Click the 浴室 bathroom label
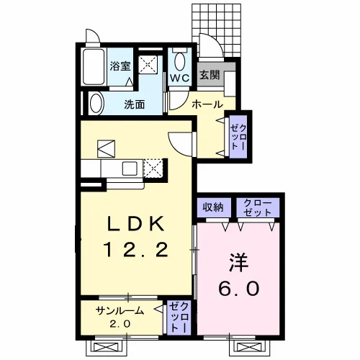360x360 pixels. coord(120,66)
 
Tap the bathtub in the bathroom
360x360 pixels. coord(94,66)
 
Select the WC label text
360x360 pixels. coord(180,78)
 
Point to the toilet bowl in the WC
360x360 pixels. coord(180,62)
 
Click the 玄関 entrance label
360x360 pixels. coord(210,75)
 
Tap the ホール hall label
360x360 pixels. coord(207,104)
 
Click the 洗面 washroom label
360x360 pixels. coord(135,104)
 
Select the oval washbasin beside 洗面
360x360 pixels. coord(96,104)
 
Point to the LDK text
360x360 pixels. coord(135,224)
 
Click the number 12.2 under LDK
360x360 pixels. coord(135,250)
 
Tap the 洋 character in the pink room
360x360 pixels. coord(239,263)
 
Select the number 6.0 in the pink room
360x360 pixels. coord(239,288)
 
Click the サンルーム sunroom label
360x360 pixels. coord(120,311)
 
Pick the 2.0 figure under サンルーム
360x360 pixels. coord(120,324)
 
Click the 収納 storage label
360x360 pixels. coord(212,207)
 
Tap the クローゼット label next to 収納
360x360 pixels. coord(258,207)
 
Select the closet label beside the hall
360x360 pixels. coord(238,138)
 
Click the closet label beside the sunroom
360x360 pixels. coord(179,318)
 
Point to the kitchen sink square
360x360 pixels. coord(130,168)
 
